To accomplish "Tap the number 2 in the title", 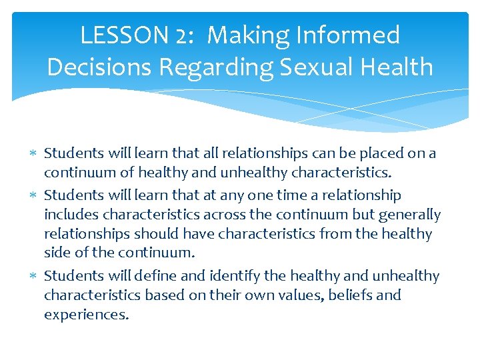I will click(180, 35).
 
